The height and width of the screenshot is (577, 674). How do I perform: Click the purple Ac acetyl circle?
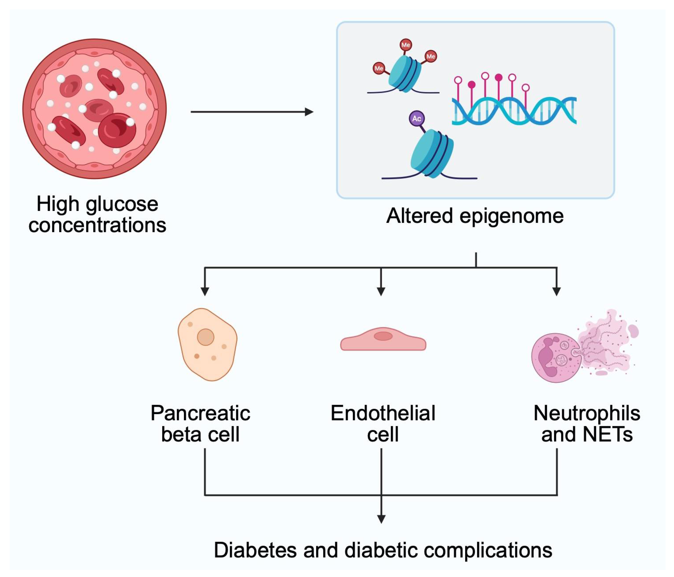tap(416, 119)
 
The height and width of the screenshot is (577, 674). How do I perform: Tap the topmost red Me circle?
tap(405, 45)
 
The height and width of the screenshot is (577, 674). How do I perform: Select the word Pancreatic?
tap(200, 414)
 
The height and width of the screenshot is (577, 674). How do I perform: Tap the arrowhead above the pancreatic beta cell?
tap(205, 291)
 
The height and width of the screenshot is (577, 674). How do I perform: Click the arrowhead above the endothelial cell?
tap(381, 291)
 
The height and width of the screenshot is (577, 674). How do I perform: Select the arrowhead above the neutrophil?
tap(557, 291)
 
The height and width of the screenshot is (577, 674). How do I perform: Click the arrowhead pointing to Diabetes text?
tap(381, 519)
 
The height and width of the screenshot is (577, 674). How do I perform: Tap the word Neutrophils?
tap(587, 414)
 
